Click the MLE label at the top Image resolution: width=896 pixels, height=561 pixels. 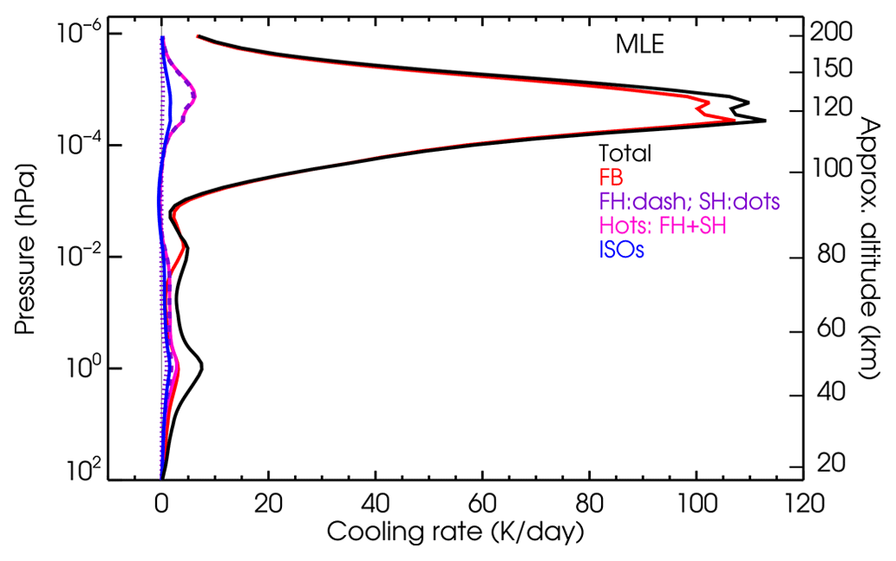tap(639, 44)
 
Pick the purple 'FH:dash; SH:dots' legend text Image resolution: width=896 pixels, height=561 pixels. tap(690, 202)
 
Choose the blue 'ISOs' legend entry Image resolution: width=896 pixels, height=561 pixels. tap(621, 251)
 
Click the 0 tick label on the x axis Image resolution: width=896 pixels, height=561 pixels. tap(161, 501)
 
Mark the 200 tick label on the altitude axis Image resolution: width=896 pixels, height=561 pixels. tap(834, 33)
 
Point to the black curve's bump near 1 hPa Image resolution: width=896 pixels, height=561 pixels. tap(202, 366)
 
